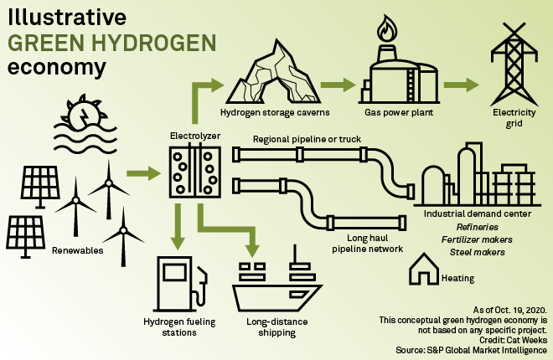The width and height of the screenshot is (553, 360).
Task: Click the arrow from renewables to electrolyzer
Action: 142,174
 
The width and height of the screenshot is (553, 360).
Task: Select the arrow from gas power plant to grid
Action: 460,85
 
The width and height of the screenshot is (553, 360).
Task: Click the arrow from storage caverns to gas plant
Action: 337,85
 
